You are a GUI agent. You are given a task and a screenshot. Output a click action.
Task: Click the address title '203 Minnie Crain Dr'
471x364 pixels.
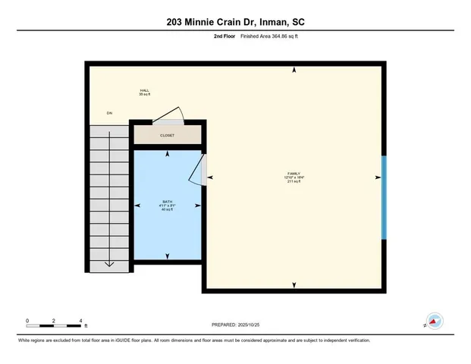pyautogui.click(x=204, y=22)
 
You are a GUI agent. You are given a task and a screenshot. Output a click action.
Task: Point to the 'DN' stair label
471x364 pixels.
pyautogui.click(x=109, y=113)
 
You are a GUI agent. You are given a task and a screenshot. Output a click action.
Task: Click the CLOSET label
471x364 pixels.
pyautogui.click(x=167, y=136)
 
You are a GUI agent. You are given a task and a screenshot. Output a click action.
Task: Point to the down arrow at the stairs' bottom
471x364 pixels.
pyautogui.click(x=109, y=263)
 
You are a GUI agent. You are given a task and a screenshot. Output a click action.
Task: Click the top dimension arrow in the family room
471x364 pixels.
pyautogui.click(x=294, y=71)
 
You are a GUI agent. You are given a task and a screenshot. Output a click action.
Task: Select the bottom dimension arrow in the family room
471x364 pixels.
pyautogui.click(x=294, y=285)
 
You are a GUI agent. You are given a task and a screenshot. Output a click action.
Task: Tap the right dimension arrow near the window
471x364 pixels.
pyautogui.click(x=377, y=177)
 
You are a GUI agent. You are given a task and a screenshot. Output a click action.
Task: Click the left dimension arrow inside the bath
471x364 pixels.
pyautogui.click(x=138, y=206)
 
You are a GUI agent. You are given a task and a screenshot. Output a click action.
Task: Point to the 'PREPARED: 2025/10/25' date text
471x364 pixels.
pyautogui.click(x=235, y=325)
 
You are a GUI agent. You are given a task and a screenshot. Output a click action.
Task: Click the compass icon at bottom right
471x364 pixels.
pyautogui.click(x=434, y=322)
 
